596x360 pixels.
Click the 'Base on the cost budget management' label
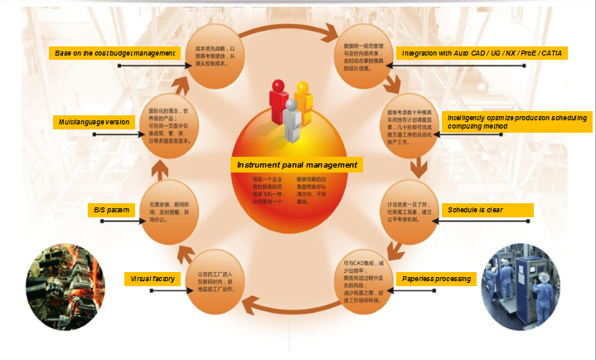(115, 53)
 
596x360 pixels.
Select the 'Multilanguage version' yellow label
(93, 122)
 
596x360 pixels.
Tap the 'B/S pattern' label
(111, 211)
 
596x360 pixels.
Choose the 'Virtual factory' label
(153, 279)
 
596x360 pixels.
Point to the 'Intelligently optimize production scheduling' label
(518, 121)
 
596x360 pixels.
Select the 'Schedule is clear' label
(485, 210)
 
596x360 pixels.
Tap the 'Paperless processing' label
(438, 279)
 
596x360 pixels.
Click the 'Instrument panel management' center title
(297, 165)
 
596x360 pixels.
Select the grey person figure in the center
(291, 123)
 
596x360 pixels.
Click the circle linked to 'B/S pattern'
(169, 212)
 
